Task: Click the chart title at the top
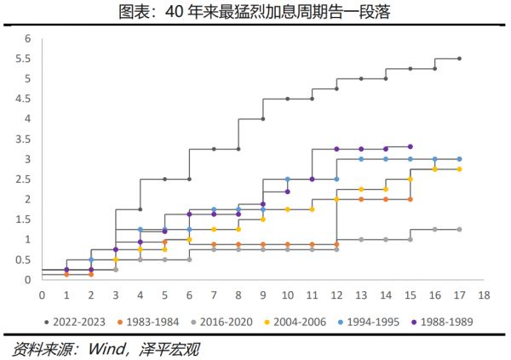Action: pyautogui.click(x=255, y=11)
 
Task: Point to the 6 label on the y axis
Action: pyautogui.click(x=28, y=38)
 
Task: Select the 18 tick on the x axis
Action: pyautogui.click(x=484, y=294)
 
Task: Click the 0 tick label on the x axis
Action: pyautogui.click(x=42, y=294)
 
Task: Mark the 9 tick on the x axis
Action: pyautogui.click(x=263, y=294)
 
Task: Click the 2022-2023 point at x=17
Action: pyautogui.click(x=459, y=59)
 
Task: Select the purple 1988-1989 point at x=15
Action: pyautogui.click(x=411, y=146)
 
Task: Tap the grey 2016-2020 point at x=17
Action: pyautogui.click(x=459, y=229)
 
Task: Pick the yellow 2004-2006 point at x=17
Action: pyautogui.click(x=459, y=169)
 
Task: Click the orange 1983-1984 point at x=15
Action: pyautogui.click(x=411, y=199)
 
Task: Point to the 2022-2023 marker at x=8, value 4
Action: pyautogui.click(x=238, y=119)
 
